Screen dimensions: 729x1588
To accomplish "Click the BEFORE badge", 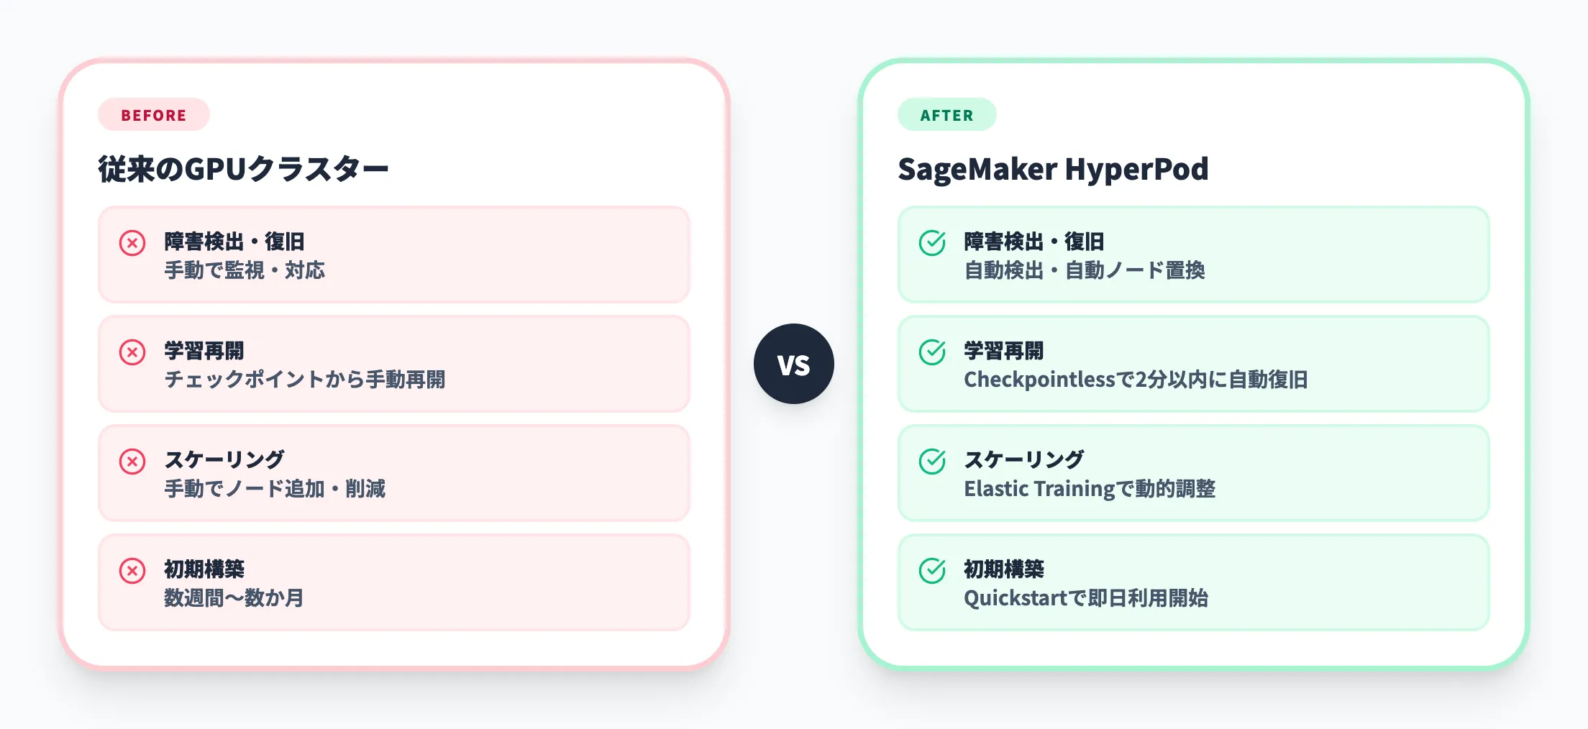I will click(153, 115).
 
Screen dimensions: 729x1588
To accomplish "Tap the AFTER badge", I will click(946, 115).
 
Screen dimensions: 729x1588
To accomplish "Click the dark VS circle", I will click(793, 364).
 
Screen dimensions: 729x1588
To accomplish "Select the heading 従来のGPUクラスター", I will click(243, 170).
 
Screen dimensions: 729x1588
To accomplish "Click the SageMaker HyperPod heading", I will click(1052, 170).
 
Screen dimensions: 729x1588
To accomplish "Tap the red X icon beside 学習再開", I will click(132, 352).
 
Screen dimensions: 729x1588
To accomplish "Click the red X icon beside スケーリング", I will click(132, 462).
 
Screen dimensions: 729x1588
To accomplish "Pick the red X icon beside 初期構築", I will click(132, 571).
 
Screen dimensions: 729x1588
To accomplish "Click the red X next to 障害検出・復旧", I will click(132, 243).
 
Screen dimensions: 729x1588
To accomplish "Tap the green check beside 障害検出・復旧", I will click(932, 243).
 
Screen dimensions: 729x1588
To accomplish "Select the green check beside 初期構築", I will click(932, 571).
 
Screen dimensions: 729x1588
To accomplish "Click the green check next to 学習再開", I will click(932, 352).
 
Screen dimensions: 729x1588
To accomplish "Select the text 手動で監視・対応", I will click(245, 270).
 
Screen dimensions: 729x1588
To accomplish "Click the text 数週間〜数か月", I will click(234, 598).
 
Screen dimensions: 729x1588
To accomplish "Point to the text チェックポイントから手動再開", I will click(304, 380).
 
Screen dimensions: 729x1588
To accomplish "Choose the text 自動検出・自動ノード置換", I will click(1084, 270).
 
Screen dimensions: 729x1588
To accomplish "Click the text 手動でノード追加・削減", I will click(275, 489).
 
